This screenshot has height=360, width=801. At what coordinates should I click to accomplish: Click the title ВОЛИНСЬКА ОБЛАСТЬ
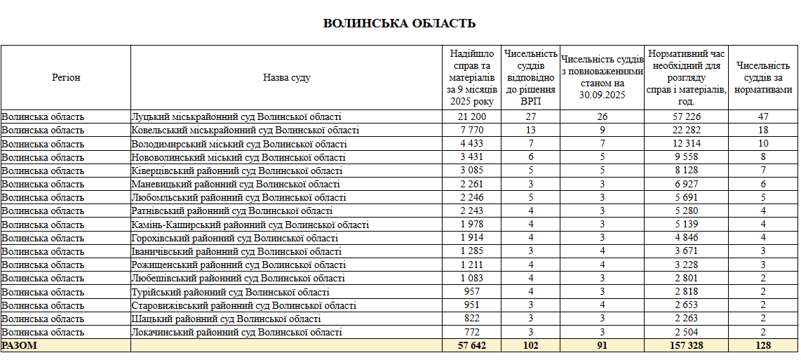tap(399, 24)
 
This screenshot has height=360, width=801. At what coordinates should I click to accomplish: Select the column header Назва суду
tap(286, 77)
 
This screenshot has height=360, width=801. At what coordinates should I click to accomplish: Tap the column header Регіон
tap(66, 77)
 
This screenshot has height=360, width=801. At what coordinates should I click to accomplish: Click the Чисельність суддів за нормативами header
tap(763, 77)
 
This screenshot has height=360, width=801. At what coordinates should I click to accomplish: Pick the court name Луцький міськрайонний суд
tap(236, 116)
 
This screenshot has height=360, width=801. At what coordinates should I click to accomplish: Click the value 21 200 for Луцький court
tap(472, 116)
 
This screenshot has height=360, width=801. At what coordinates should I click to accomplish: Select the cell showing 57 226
tap(687, 116)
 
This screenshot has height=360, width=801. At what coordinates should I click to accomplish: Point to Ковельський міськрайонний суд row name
tap(245, 130)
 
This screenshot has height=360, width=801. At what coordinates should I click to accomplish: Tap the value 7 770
tap(472, 130)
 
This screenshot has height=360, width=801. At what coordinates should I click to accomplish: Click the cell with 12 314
tap(687, 144)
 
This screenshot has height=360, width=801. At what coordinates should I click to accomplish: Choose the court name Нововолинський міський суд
tap(238, 157)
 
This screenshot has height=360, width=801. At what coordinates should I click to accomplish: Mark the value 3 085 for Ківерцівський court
tap(472, 171)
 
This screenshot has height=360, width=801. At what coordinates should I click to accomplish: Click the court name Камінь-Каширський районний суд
tap(250, 225)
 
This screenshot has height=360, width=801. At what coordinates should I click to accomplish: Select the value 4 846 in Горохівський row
tap(687, 238)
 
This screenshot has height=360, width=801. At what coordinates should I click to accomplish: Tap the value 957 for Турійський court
tap(472, 292)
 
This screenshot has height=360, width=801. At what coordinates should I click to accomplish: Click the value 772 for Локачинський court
tap(472, 332)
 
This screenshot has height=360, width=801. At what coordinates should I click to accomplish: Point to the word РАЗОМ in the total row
tap(19, 345)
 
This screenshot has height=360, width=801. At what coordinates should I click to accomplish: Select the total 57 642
tap(472, 345)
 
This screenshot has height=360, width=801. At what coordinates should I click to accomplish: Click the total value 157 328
tap(687, 345)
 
